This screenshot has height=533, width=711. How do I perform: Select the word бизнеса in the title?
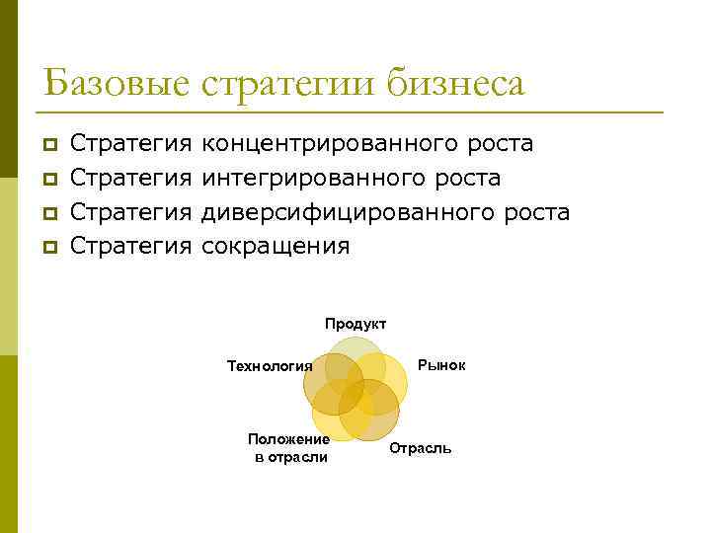455,83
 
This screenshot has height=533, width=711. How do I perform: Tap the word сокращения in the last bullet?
276,245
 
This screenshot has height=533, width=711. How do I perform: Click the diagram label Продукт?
355,324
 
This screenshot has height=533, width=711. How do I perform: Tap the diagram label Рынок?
441,365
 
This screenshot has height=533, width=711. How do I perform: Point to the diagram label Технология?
270,366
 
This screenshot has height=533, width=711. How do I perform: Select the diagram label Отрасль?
421,449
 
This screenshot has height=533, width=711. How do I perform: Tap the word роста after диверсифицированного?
536,211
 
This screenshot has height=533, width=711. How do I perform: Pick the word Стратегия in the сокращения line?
130,245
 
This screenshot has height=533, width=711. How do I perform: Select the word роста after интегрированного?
467,178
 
